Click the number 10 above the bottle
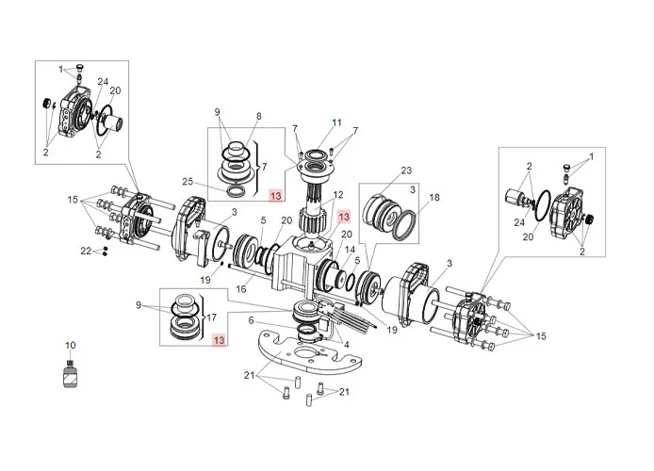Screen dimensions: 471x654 [x=69, y=345]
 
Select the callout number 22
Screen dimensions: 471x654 [x=86, y=251]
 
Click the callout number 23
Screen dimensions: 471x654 [x=406, y=171]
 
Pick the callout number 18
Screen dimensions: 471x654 [x=434, y=198]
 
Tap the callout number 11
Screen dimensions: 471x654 [x=336, y=123]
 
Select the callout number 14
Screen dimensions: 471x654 [x=351, y=250]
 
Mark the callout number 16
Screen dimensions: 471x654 [x=242, y=290]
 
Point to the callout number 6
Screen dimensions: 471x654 [x=250, y=321]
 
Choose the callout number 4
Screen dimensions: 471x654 [x=347, y=345]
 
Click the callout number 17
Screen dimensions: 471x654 [x=212, y=317]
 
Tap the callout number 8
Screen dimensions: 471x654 [x=258, y=116]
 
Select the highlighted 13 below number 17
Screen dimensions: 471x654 [x=219, y=339]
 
